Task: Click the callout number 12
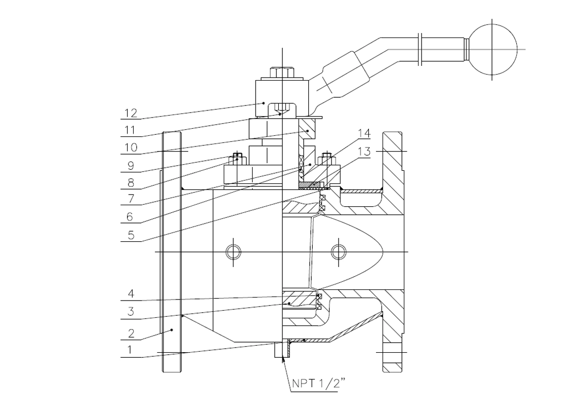click(131, 113)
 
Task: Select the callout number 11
click(130, 130)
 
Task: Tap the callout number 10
click(131, 147)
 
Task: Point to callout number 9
click(131, 165)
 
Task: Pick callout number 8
click(131, 183)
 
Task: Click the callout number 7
click(131, 199)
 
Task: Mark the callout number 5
click(131, 235)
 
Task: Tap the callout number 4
click(131, 294)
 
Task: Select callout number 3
click(131, 312)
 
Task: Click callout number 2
click(131, 333)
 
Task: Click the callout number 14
click(364, 133)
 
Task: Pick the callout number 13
click(364, 152)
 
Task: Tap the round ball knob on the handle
click(492, 49)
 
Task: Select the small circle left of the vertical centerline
click(233, 252)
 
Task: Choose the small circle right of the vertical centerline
click(339, 252)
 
